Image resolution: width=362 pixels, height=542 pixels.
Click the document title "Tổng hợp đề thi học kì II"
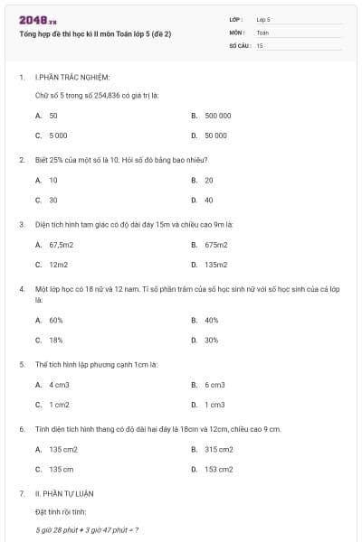pyautogui.click(x=95, y=33)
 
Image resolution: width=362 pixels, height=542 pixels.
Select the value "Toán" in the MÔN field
pyautogui.click(x=262, y=32)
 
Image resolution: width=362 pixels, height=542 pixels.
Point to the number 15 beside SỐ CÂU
pyautogui.click(x=260, y=44)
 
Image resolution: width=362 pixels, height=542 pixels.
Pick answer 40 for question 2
pyautogui.click(x=209, y=200)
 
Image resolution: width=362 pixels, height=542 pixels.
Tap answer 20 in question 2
pyautogui.click(x=209, y=181)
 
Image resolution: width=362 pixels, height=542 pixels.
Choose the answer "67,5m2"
pyautogui.click(x=60, y=245)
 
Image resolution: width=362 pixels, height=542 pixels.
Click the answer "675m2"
pyautogui.click(x=215, y=245)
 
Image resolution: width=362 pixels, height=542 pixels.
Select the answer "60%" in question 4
pyautogui.click(x=56, y=320)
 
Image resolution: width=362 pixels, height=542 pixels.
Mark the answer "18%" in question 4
pyautogui.click(x=56, y=340)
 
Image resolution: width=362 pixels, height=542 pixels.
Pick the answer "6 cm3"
pyautogui.click(x=214, y=385)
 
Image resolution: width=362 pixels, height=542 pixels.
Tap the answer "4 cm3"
pyautogui.click(x=60, y=385)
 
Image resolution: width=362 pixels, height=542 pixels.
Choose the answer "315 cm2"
pyautogui.click(x=218, y=449)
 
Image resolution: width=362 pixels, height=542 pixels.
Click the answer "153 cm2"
pyautogui.click(x=218, y=469)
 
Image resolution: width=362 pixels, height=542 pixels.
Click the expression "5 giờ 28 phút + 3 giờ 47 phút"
pyautogui.click(x=86, y=530)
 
